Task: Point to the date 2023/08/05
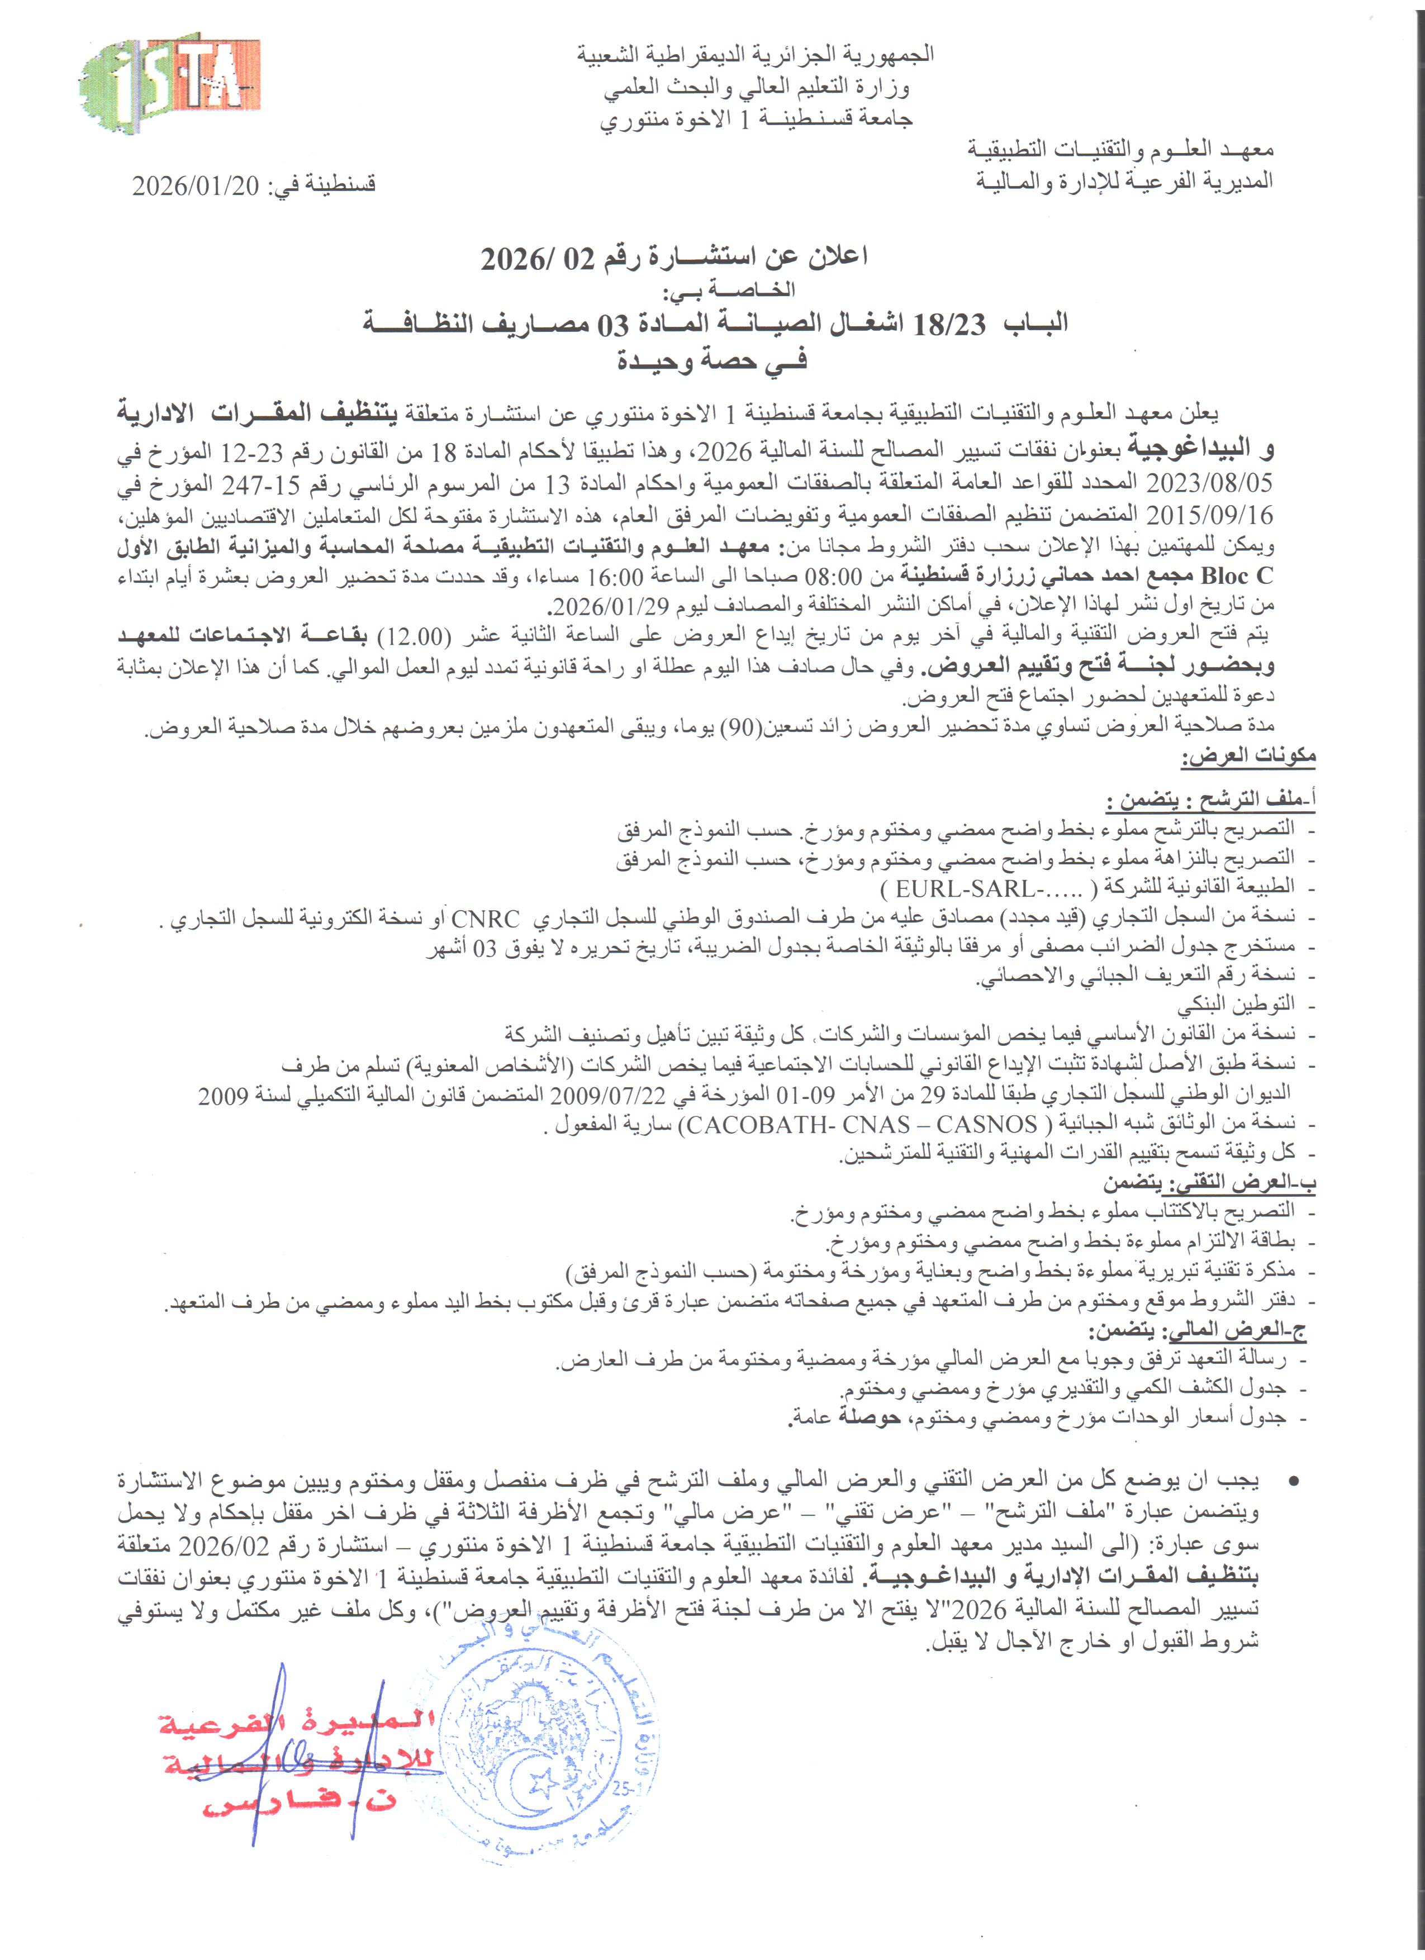[x=1209, y=482]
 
